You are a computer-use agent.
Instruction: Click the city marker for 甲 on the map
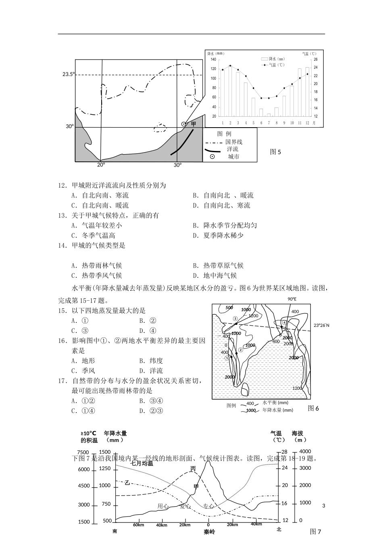coord(184,124)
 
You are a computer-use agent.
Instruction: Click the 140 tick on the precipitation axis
coord(213,59)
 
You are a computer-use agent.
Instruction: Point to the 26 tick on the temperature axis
coord(316,59)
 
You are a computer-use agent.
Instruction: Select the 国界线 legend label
coord(234,142)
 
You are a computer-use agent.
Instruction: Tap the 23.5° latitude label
coord(68,74)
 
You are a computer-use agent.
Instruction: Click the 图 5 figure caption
coord(275,152)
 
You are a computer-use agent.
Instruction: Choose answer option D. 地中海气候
coord(214,276)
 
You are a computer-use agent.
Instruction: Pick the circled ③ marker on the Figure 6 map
coord(235,319)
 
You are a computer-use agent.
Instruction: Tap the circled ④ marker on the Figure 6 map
coord(284,322)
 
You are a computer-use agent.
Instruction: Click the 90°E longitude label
coord(292,299)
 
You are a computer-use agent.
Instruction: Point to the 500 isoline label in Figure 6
coord(229,308)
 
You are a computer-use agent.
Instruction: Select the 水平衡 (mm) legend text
coord(275,403)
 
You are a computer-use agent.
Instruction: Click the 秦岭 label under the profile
coord(209,532)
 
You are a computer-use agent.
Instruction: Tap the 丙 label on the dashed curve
coord(193,469)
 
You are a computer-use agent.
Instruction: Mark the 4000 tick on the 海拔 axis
coord(306,451)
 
